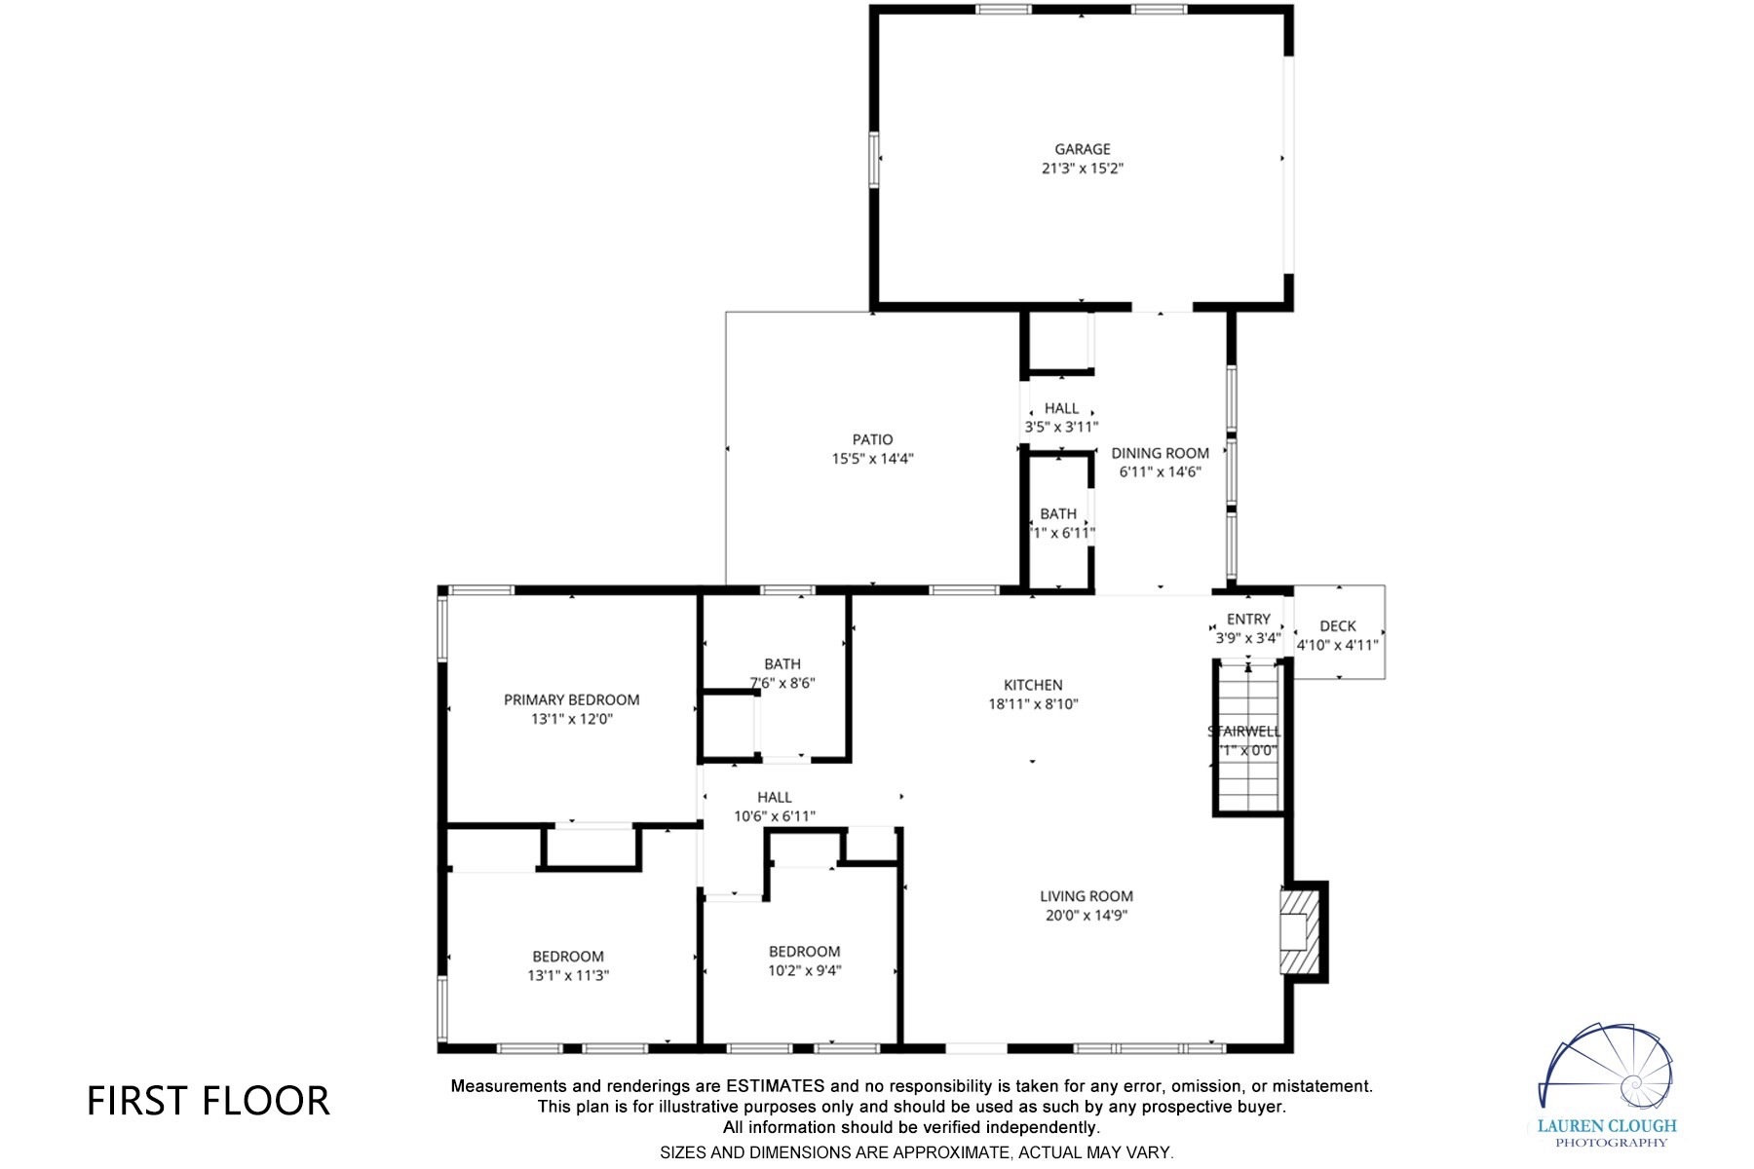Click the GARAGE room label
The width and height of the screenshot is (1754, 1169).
pyautogui.click(x=1082, y=149)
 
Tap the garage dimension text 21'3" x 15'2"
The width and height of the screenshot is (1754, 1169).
pyautogui.click(x=1082, y=169)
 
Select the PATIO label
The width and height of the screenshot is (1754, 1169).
pyautogui.click(x=872, y=439)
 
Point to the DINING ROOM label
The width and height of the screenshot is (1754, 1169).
pyautogui.click(x=1160, y=453)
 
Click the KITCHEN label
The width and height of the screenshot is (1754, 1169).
pyautogui.click(x=1033, y=685)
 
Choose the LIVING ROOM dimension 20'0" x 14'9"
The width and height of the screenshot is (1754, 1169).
pyautogui.click(x=1086, y=916)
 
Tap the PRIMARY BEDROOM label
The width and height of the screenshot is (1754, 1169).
pyautogui.click(x=571, y=699)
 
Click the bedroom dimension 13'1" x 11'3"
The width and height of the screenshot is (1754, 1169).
pyautogui.click(x=568, y=975)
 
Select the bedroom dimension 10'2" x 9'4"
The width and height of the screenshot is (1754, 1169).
pyautogui.click(x=804, y=970)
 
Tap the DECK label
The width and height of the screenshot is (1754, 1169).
pyautogui.click(x=1337, y=626)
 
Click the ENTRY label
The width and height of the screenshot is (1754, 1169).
pyautogui.click(x=1248, y=620)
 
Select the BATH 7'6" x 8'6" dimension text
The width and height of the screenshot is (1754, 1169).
pyautogui.click(x=782, y=683)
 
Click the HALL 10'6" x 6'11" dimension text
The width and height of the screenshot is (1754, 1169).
pyautogui.click(x=774, y=816)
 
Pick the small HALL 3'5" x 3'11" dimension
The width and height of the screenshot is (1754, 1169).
pyautogui.click(x=1061, y=427)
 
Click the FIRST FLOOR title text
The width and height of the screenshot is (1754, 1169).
pyautogui.click(x=209, y=1101)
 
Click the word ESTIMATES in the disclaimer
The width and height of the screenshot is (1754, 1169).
pyautogui.click(x=775, y=1086)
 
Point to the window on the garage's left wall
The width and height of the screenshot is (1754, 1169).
pyautogui.click(x=875, y=158)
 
